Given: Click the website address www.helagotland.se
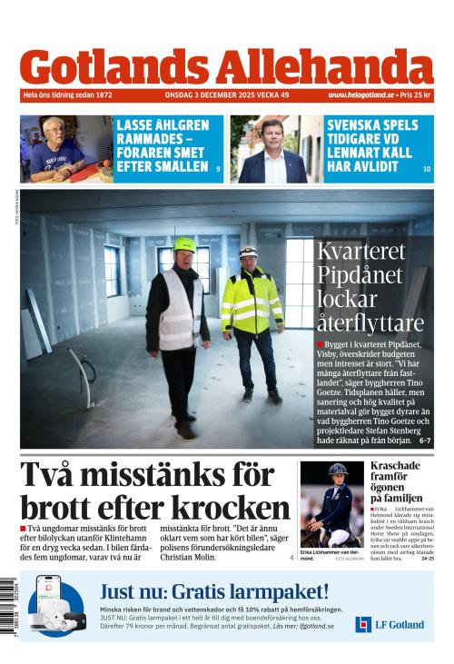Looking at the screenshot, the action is [360, 94].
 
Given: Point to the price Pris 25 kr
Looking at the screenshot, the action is [416, 94].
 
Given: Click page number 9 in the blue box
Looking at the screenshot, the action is [218, 170].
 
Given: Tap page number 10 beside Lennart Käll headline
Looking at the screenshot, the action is [426, 170].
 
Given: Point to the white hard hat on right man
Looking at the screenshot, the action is [248, 250].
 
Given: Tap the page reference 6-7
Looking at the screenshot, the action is [424, 441].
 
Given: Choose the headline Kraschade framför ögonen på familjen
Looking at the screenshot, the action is [395, 481].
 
